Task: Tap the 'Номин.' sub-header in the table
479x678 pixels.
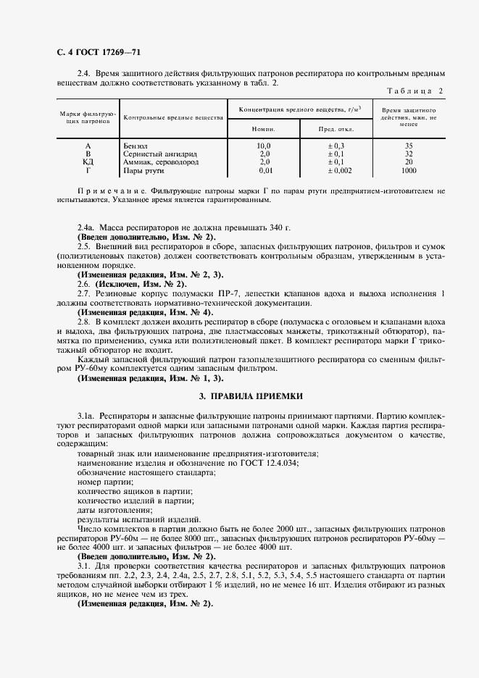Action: pyautogui.click(x=264, y=128)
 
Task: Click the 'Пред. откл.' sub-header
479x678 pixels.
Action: pyautogui.click(x=336, y=128)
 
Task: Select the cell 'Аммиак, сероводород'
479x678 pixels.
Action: pyautogui.click(x=160, y=162)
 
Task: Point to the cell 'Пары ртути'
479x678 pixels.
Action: pyautogui.click(x=144, y=170)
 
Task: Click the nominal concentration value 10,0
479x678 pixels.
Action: pyautogui.click(x=264, y=146)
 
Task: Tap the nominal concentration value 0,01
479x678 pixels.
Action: pyautogui.click(x=264, y=170)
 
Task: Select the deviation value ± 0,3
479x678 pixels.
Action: pyautogui.click(x=336, y=146)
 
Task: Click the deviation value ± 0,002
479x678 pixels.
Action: pyautogui.click(x=336, y=170)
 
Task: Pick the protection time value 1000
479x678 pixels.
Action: pyautogui.click(x=409, y=170)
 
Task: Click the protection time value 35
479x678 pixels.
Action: pyautogui.click(x=409, y=146)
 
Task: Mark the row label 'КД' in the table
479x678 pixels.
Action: pyautogui.click(x=88, y=162)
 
